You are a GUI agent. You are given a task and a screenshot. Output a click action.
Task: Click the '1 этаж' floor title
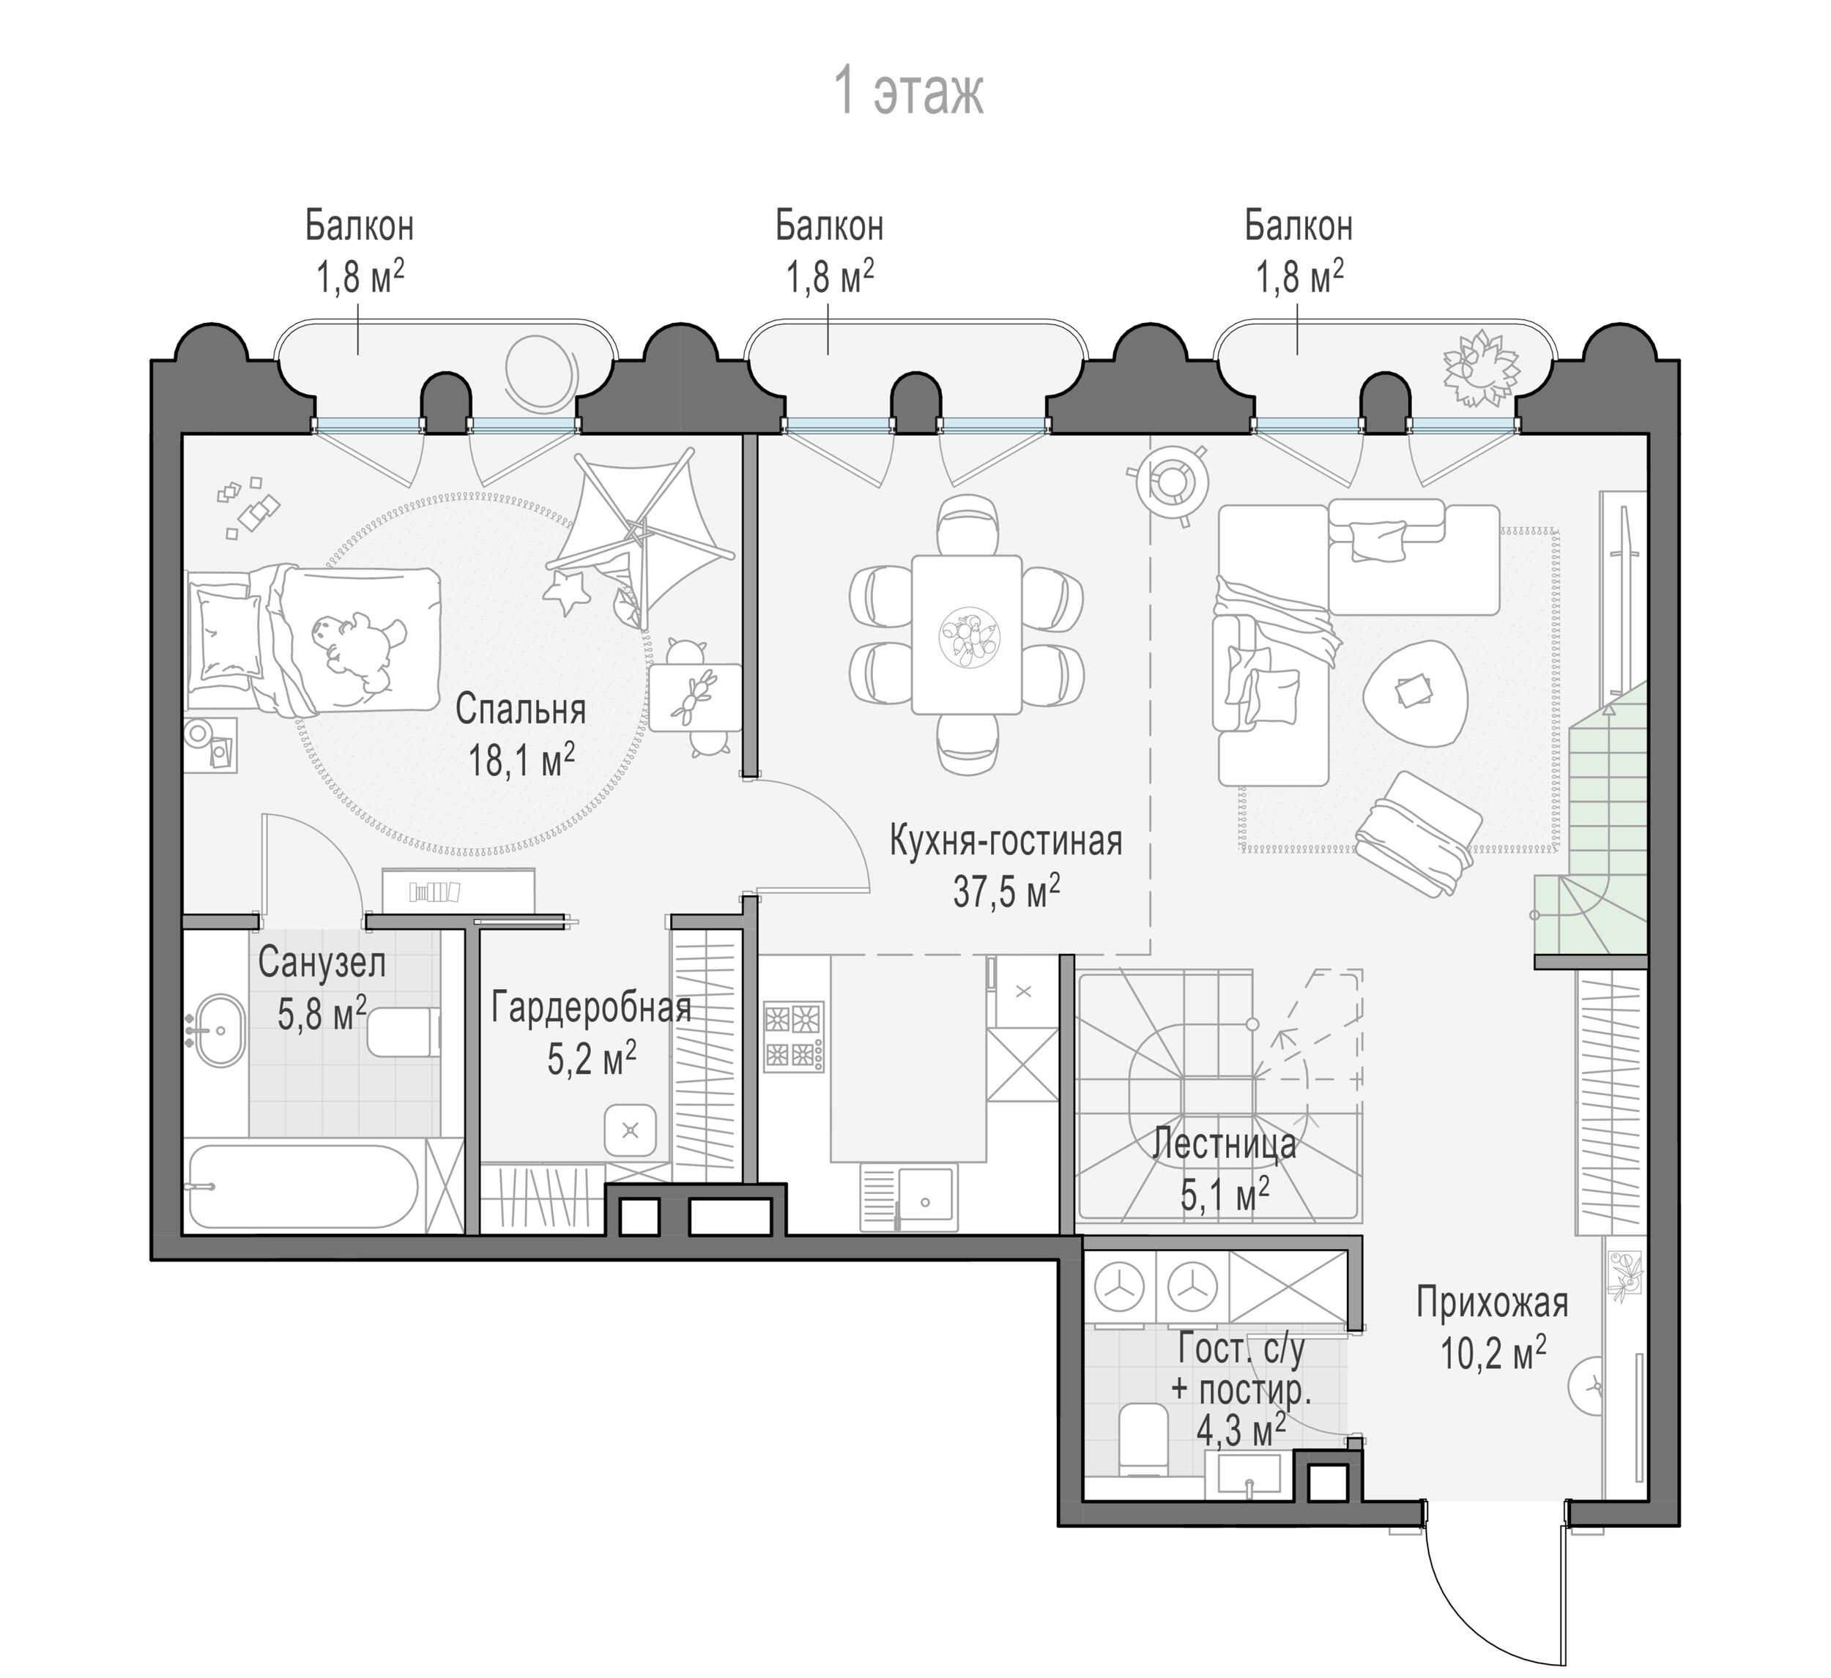pos(908,93)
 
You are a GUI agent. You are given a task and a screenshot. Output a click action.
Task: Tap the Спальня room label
pos(521,709)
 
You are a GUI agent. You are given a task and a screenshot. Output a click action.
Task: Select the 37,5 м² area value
pos(1006,892)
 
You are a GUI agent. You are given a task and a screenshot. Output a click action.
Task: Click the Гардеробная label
pos(591,1008)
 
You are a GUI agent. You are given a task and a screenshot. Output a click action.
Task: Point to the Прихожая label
pos(1492,1303)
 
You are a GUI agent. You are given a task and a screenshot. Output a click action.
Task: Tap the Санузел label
pos(322,963)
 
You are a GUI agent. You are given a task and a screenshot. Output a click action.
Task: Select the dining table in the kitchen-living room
pos(966,635)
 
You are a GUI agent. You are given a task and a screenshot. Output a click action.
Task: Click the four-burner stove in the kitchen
pos(795,1035)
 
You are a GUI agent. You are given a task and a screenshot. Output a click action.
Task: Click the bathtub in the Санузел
pos(304,1187)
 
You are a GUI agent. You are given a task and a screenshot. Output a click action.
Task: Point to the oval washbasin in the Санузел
pos(216,1032)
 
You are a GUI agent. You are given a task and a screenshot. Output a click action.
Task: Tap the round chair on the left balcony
pos(540,373)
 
